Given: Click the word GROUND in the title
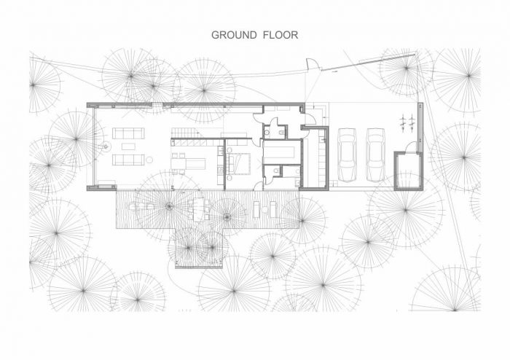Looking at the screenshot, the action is (234, 35).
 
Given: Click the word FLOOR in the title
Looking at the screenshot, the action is (280, 35).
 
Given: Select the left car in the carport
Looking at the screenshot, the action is (347, 154).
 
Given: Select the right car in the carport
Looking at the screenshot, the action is (376, 154).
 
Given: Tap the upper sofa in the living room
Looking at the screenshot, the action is (128, 133).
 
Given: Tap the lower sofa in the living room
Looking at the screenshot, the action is (128, 160).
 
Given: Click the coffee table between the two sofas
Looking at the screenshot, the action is (128, 146).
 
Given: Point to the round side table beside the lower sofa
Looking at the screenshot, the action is (149, 160).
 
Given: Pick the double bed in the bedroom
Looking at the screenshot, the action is (239, 163).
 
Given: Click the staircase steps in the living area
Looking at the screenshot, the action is (184, 133).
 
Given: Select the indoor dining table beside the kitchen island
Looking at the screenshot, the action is (178, 163).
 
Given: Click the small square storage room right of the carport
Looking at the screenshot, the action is (408, 171).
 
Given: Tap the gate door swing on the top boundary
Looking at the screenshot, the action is (311, 64).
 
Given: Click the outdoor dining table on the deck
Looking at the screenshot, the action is (198, 209).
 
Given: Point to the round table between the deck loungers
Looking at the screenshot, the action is (264, 210).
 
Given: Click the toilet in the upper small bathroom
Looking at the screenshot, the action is (267, 133).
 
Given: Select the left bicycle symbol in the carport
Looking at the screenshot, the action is (403, 122).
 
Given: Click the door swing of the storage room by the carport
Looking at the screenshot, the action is (411, 146).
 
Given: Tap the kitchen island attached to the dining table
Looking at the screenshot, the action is (195, 163).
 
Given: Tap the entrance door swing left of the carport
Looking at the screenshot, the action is (310, 119).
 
